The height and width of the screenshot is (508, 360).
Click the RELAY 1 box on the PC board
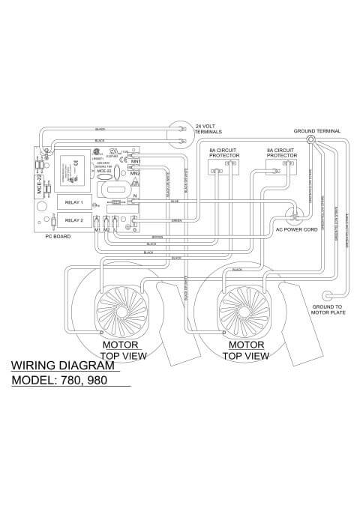tap(73, 202)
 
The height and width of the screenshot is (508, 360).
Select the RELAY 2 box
tap(73, 220)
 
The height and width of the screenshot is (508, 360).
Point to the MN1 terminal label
tap(136, 162)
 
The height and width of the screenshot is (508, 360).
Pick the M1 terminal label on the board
tap(97, 229)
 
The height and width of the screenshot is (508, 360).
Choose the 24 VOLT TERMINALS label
tap(209, 128)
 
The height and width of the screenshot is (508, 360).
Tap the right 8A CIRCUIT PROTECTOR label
tap(279, 154)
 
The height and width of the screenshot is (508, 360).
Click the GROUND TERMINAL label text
tap(316, 130)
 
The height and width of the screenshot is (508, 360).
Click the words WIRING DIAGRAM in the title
tap(65, 366)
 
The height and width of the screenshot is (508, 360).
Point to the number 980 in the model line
tap(96, 380)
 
